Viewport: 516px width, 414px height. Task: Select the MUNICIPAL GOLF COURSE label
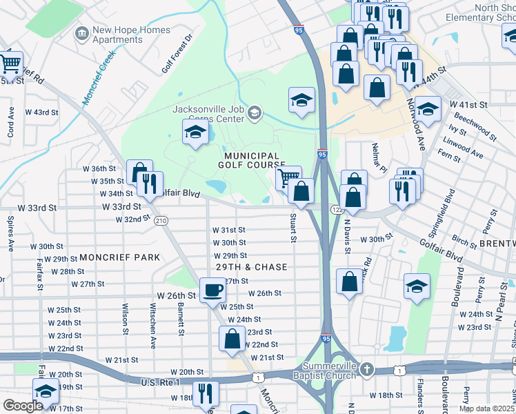click(x=250, y=160)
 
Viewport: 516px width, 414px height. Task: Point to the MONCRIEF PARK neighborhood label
click(x=119, y=257)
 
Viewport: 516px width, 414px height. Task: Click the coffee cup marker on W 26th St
click(x=212, y=290)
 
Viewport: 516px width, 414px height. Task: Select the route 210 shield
click(x=161, y=220)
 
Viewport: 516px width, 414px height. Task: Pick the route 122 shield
click(x=337, y=208)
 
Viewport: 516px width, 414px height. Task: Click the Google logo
click(x=23, y=405)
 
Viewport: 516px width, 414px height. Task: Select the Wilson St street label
click(x=126, y=319)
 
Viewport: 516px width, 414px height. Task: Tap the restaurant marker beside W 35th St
click(x=150, y=184)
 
